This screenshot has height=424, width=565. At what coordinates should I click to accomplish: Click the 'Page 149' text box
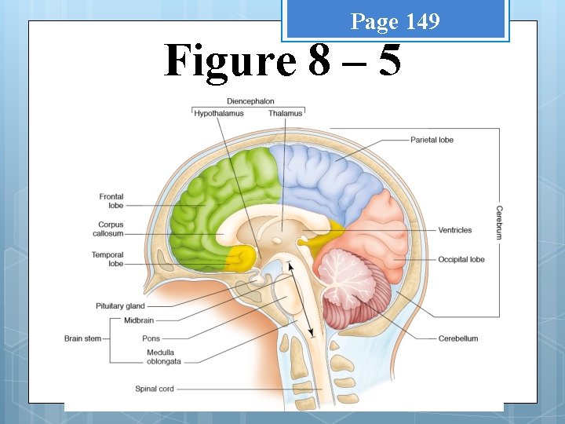[x=395, y=21]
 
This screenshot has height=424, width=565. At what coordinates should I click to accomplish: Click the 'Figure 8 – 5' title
[x=282, y=60]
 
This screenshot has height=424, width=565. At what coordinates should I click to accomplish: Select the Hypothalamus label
[x=219, y=113]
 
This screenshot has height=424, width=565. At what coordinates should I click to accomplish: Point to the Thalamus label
[x=285, y=113]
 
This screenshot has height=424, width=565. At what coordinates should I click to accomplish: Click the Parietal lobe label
[x=432, y=140]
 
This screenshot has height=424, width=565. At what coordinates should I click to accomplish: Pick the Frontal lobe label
[x=111, y=201]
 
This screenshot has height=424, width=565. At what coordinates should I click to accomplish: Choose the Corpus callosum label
[x=111, y=229]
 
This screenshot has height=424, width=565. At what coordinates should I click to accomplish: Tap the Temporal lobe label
[x=108, y=259]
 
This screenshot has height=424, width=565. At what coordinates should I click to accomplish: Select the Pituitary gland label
[x=120, y=305]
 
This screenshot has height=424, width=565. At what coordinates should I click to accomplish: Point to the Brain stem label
[x=82, y=338]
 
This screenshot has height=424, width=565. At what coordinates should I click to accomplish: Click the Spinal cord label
[x=155, y=389]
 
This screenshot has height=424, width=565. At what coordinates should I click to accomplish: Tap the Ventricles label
[x=455, y=230]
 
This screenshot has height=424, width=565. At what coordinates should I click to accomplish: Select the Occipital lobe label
[x=461, y=259]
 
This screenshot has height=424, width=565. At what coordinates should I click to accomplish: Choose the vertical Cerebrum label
[x=499, y=222]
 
